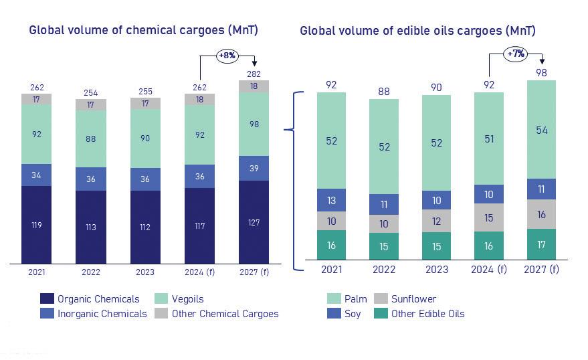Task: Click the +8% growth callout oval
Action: click(x=227, y=56)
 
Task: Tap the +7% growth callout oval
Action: click(x=515, y=53)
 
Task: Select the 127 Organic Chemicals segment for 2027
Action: click(x=254, y=222)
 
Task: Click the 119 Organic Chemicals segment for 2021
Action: click(x=36, y=225)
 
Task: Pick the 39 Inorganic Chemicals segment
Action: click(x=254, y=169)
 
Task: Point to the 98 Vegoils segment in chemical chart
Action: click(x=254, y=124)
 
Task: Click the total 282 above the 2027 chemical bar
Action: click(x=254, y=74)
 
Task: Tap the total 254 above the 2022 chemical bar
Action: click(x=90, y=93)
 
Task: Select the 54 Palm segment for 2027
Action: click(x=542, y=130)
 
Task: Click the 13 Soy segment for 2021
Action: click(x=332, y=200)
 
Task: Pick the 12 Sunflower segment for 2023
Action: click(x=437, y=221)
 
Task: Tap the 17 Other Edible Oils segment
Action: click(x=542, y=244)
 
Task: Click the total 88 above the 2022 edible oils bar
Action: click(x=384, y=92)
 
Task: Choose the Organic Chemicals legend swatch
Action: click(x=46, y=299)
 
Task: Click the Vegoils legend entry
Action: click(x=187, y=299)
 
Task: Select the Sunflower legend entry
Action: click(x=413, y=299)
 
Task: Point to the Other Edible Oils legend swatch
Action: click(x=380, y=313)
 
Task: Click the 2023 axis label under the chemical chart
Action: click(x=144, y=272)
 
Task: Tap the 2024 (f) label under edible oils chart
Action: click(x=489, y=270)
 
